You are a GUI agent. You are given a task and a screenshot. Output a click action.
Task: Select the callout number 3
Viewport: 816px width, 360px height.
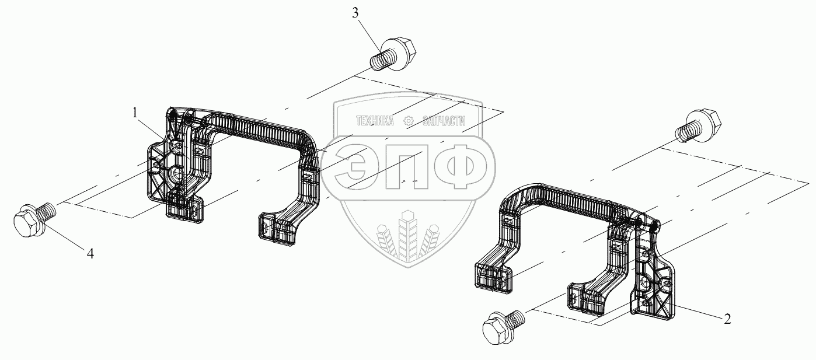355,14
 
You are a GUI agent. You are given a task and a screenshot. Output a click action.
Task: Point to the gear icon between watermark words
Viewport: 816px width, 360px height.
409,121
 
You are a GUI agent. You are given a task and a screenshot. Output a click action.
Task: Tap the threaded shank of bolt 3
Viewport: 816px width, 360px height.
380,58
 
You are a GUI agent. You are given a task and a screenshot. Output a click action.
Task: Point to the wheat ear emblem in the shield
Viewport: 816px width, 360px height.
407,239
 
